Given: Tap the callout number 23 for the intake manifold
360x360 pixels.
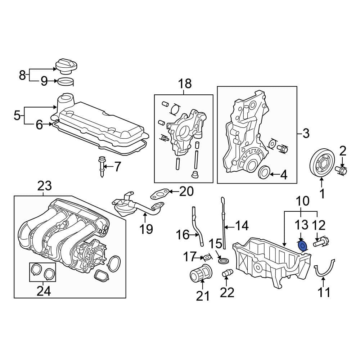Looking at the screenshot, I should [x=45, y=186].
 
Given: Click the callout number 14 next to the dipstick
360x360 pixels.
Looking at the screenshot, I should [x=242, y=226].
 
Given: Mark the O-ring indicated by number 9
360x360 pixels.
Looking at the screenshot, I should [x=66, y=82].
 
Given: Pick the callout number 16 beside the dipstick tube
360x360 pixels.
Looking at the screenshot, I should [x=183, y=235].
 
